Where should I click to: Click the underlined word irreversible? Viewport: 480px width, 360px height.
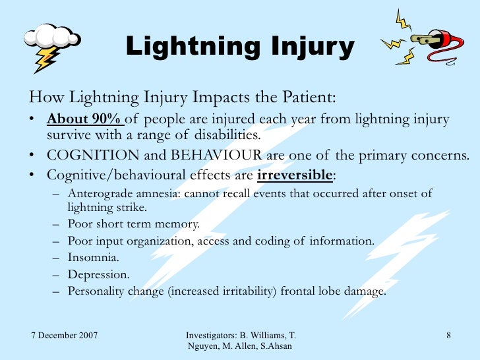295,175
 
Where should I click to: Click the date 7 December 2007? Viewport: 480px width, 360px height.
65,336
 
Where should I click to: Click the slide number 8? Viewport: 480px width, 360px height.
448,336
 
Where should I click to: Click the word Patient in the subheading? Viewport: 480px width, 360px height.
310,98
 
